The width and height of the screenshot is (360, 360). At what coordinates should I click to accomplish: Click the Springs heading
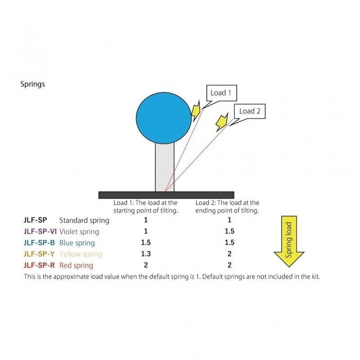click(x=32, y=84)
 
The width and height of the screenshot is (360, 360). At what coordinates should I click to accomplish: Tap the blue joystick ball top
click(x=164, y=118)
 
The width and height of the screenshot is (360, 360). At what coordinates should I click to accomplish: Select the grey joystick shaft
click(x=165, y=167)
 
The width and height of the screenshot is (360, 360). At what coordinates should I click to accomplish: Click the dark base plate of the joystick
click(x=166, y=195)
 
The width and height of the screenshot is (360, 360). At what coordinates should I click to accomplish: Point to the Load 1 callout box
click(x=221, y=93)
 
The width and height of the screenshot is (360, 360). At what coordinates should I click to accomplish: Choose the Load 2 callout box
click(x=250, y=111)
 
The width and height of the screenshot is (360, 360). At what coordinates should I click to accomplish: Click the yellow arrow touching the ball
click(x=196, y=111)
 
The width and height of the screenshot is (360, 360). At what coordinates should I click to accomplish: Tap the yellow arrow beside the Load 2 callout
click(x=222, y=122)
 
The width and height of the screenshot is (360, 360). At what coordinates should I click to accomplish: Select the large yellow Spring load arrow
click(x=289, y=241)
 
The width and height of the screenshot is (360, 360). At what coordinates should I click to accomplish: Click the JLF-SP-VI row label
click(x=40, y=231)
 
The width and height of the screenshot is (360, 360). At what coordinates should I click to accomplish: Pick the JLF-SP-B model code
click(x=39, y=243)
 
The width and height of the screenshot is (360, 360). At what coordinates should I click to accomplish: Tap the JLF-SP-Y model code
click(x=39, y=254)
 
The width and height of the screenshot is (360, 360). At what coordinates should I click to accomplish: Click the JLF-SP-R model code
click(x=39, y=265)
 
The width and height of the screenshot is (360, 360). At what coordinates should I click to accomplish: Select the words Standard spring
click(x=84, y=220)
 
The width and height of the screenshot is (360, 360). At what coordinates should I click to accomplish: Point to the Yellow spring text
click(x=81, y=254)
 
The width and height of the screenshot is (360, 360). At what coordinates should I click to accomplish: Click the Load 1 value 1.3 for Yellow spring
click(x=146, y=254)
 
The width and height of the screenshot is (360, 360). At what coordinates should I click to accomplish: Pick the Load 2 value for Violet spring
click(x=229, y=231)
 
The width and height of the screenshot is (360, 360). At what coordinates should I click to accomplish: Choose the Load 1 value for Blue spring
click(x=146, y=243)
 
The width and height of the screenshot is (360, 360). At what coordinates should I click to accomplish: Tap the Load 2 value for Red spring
click(x=229, y=265)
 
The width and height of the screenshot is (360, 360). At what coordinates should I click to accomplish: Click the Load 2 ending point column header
click(x=227, y=207)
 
